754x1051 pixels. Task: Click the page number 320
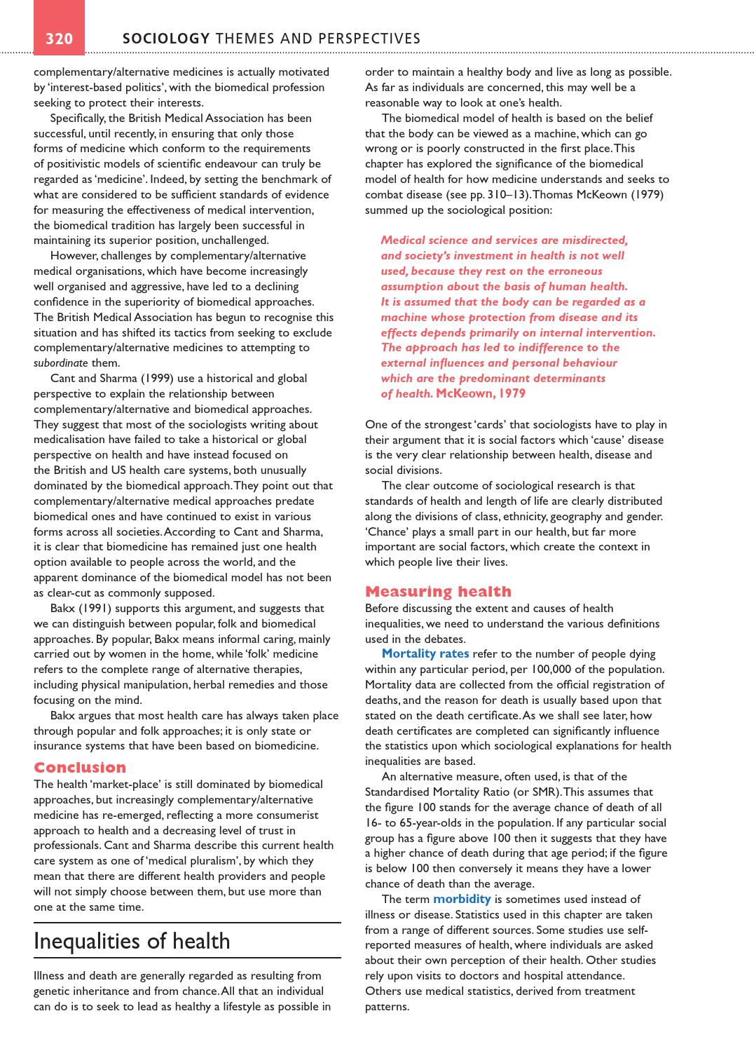click(x=59, y=39)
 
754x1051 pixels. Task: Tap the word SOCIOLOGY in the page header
click(x=166, y=39)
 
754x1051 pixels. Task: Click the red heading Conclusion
click(x=80, y=767)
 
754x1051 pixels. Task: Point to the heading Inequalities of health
click(x=132, y=941)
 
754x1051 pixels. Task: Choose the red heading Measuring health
click(x=438, y=591)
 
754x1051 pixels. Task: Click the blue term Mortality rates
click(x=425, y=653)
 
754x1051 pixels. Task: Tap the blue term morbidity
click(x=461, y=899)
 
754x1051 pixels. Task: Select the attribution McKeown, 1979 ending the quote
click(x=481, y=393)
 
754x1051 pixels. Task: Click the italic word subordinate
click(x=61, y=363)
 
